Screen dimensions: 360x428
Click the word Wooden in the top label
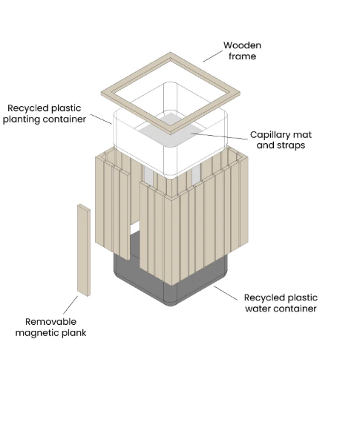242,45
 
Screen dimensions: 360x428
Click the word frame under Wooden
242,56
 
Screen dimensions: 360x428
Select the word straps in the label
291,145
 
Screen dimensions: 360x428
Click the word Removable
50,322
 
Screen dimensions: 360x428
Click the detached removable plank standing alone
84,250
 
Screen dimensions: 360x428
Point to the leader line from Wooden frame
212,56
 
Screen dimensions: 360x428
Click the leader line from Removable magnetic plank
71,305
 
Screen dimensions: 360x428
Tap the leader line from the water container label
226,293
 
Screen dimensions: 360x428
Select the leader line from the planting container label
101,119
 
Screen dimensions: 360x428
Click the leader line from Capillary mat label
220,136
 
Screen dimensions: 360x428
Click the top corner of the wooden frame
171,53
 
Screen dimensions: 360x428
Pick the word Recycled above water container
262,297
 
